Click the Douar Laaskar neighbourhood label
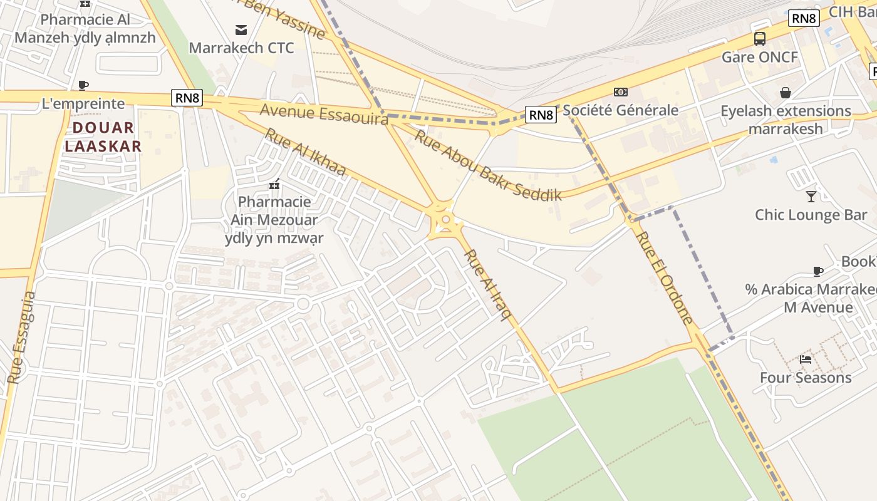pos(103,137)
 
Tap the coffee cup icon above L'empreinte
pos(83,85)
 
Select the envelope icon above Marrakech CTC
pos(241,29)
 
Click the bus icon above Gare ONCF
pos(760,39)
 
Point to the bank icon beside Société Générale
pos(621,92)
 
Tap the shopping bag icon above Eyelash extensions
pos(786,93)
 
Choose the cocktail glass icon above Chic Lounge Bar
pos(811,196)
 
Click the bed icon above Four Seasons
pos(806,359)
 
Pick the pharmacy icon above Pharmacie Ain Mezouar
pos(274,184)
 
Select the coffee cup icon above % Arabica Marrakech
pos(818,271)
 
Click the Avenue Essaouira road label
pos(324,114)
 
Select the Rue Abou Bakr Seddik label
pos(489,165)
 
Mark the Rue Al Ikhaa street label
pos(305,152)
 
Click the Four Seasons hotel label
pos(806,378)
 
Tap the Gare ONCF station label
pos(760,58)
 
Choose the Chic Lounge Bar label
pos(811,215)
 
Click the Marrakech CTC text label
pos(241,48)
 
